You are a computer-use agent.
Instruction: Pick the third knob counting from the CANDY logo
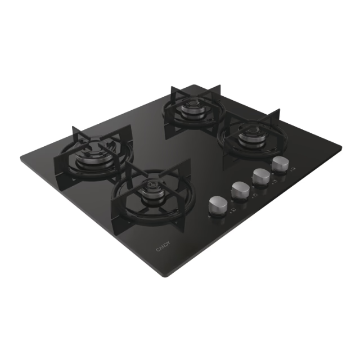260,176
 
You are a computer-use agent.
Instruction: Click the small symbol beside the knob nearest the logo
232,211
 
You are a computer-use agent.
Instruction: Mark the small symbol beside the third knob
274,182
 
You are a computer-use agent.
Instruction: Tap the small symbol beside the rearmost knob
294,169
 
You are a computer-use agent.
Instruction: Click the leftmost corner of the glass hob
21,160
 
